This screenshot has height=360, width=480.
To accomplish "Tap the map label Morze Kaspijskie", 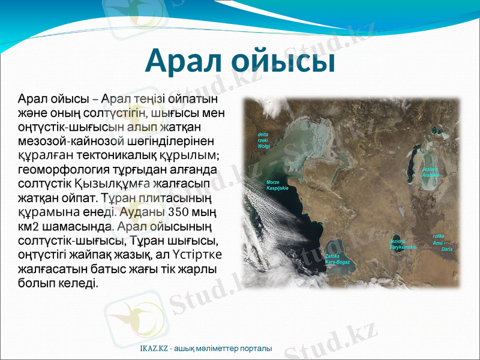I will (277, 185).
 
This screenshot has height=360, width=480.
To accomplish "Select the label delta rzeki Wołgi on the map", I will (263, 140).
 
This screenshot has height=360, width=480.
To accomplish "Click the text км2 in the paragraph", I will (28, 226).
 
